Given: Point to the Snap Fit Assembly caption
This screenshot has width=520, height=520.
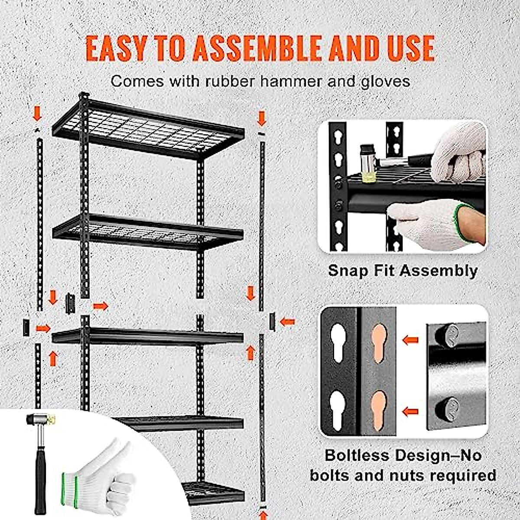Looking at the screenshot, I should [403, 270].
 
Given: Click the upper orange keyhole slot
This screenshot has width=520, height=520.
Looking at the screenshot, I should [378, 338].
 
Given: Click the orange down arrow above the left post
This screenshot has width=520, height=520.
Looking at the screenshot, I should [38, 114].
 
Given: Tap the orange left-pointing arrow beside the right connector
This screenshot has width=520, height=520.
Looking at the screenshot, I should [287, 322].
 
